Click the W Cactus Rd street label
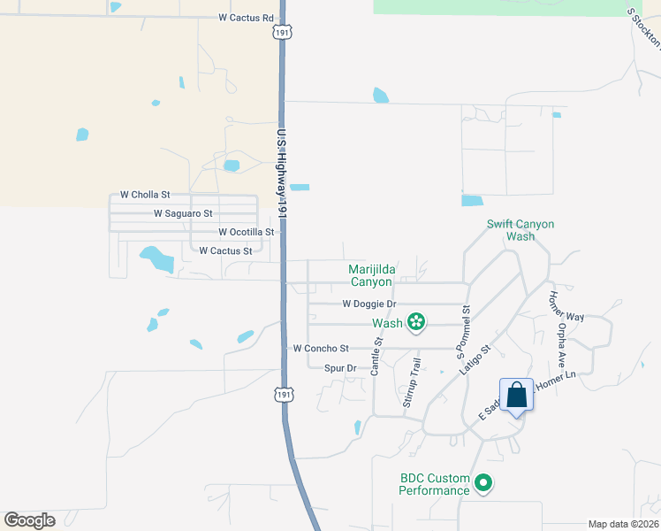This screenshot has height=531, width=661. pos(246,17)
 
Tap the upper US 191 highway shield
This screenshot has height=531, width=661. pos(281,31)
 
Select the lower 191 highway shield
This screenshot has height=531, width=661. pos(280,391)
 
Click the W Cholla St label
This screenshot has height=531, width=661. pos(144,195)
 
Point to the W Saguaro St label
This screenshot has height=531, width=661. pos(183,213)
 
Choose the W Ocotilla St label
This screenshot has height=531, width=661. pos(247,232)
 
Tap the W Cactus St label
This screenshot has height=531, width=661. pos(225,251)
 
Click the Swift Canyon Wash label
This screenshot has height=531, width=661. pos(520,230)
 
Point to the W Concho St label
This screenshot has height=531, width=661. pos(322,349)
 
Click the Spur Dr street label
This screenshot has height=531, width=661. pos(339,368)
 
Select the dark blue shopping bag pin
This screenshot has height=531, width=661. pos(517,395)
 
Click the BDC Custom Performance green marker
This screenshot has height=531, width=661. pos(483,483)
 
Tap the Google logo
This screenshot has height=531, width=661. pos(29,520)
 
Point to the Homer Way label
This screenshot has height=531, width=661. pos(566,306)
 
